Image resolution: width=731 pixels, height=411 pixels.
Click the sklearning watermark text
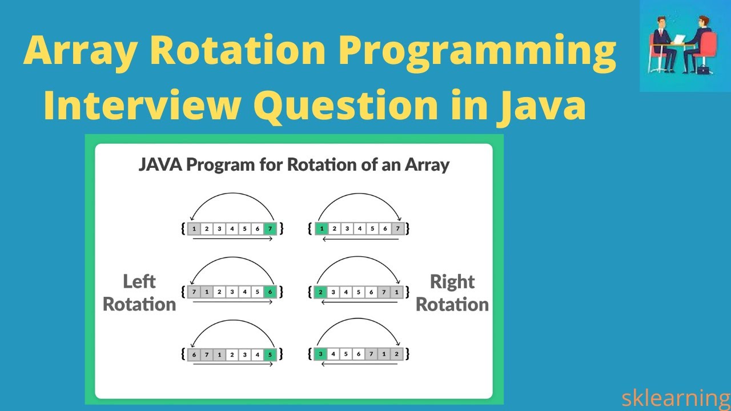click(x=676, y=397)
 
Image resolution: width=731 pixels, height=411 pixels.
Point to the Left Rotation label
click(x=139, y=293)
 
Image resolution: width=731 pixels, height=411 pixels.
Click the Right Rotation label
click(x=452, y=293)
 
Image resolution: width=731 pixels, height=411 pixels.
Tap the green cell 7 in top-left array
click(x=270, y=229)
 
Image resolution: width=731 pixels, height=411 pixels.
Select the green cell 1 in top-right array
click(x=321, y=229)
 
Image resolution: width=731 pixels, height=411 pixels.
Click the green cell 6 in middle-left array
click(x=270, y=292)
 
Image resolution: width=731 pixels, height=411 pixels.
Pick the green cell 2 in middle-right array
click(x=321, y=292)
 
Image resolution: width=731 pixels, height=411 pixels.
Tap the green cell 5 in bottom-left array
click(x=270, y=354)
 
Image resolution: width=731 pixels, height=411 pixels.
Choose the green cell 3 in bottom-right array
click(x=321, y=354)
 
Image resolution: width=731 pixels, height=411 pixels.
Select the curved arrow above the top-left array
click(x=232, y=197)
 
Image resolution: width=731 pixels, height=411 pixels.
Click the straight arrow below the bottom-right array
click(x=360, y=364)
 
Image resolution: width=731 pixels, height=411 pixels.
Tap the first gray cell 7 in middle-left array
click(x=194, y=292)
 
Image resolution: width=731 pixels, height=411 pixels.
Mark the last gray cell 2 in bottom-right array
click(x=396, y=354)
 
